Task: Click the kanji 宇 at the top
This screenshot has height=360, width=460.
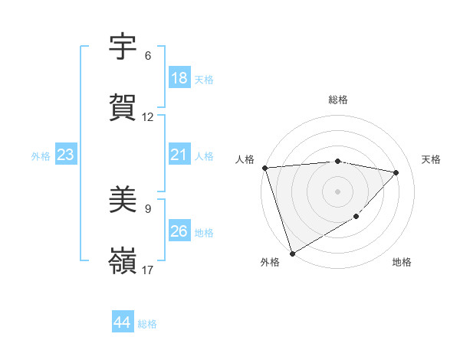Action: tap(123, 48)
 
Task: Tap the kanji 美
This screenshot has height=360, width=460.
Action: tap(123, 201)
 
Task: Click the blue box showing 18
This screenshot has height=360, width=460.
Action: tap(179, 78)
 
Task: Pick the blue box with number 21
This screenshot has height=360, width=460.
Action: tap(179, 155)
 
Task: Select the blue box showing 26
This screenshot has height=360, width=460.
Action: tap(179, 232)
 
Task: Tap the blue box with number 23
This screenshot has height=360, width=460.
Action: tap(66, 155)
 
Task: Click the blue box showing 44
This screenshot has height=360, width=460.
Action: tap(123, 323)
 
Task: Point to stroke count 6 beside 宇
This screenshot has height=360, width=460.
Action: tap(148, 56)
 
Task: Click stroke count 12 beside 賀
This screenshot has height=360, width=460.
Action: tap(148, 117)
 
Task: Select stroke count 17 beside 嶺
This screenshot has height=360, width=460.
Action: tap(148, 270)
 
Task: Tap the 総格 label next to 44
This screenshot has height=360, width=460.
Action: tap(147, 324)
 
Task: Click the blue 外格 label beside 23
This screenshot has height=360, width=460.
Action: tap(41, 156)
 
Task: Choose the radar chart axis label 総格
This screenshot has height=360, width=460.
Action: tap(338, 100)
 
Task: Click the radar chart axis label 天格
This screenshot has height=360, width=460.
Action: tap(432, 159)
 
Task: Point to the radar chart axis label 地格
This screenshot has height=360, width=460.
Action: tap(402, 263)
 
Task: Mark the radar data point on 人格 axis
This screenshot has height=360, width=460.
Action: tap(264, 168)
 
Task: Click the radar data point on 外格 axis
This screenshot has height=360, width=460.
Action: tap(292, 253)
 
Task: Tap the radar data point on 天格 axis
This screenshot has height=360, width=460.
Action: tap(396, 172)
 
